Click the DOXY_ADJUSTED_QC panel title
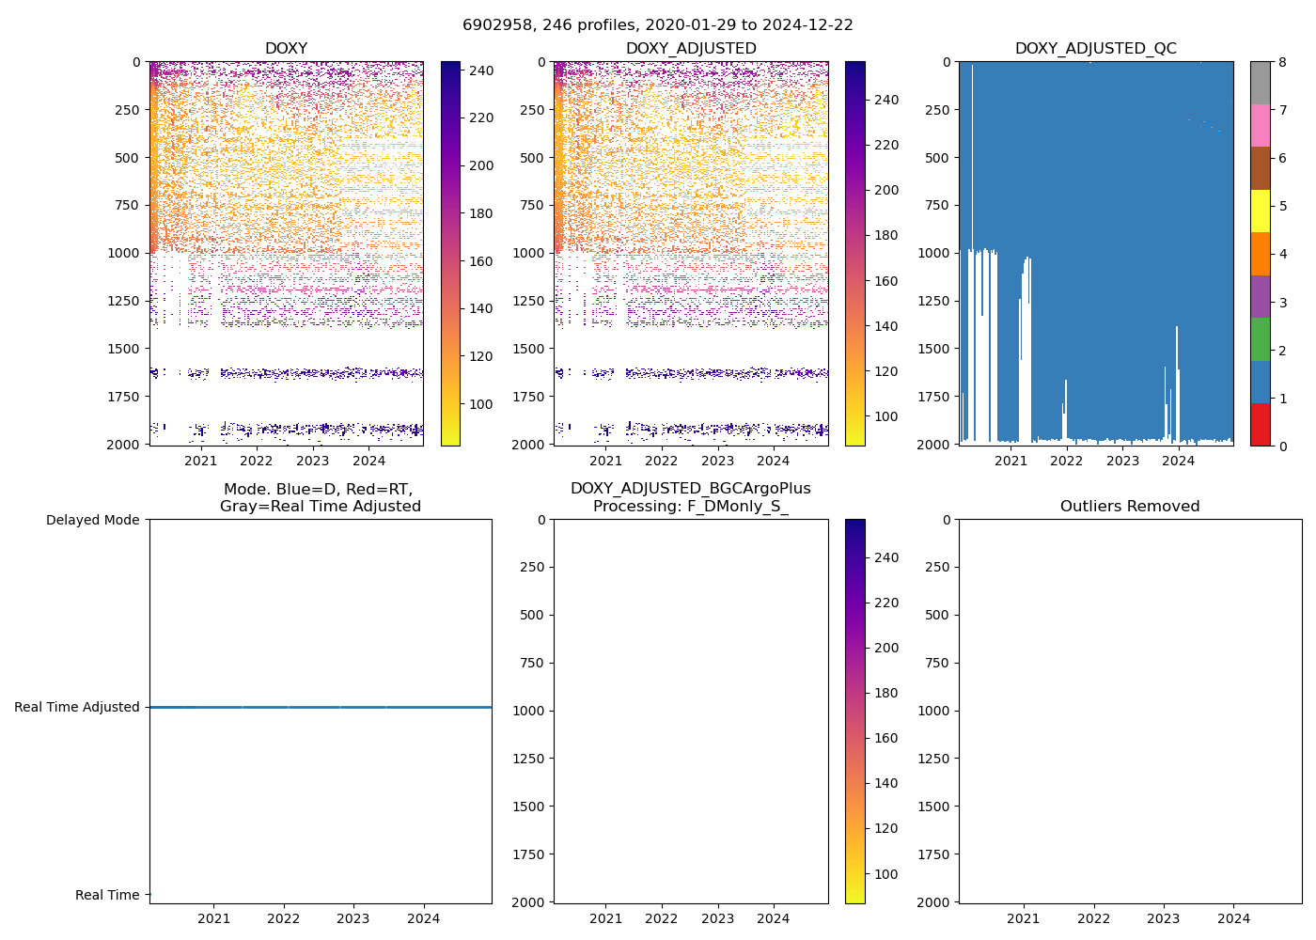pyautogui.click(x=1095, y=49)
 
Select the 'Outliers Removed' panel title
pyautogui.click(x=1130, y=507)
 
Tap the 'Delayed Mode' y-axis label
pyautogui.click(x=92, y=520)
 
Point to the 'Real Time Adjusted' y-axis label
pyautogui.click(x=76, y=707)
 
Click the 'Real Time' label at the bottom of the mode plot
pyautogui.click(x=107, y=895)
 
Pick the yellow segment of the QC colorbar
pyautogui.click(x=1260, y=211)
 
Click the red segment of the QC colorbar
pyautogui.click(x=1260, y=424)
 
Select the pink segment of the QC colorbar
pyautogui.click(x=1260, y=125)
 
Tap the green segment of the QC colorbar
pyautogui.click(x=1260, y=338)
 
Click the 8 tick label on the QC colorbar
pyautogui.click(x=1282, y=62)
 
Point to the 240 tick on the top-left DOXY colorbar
pyautogui.click(x=481, y=70)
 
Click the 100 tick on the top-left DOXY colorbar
pyautogui.click(x=481, y=404)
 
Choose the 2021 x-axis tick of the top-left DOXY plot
pyautogui.click(x=200, y=460)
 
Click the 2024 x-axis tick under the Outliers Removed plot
pyautogui.click(x=1233, y=918)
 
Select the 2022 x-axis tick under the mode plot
pyautogui.click(x=283, y=918)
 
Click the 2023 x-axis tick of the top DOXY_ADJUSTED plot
pyautogui.click(x=717, y=460)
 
